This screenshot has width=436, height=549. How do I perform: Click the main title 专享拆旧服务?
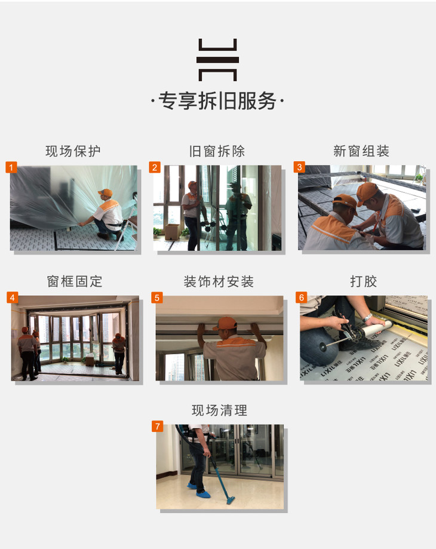click(217, 101)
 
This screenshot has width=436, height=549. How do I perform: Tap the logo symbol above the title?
click(217, 60)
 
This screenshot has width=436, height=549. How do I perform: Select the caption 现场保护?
click(73, 151)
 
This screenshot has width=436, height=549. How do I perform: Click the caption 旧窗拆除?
click(217, 151)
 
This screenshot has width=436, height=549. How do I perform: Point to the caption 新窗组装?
click(361, 151)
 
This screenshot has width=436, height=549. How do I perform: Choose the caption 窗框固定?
click(75, 281)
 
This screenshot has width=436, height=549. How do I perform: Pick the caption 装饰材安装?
click(219, 281)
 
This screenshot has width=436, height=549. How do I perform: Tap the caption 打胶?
click(364, 281)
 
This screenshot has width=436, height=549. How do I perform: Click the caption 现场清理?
click(219, 410)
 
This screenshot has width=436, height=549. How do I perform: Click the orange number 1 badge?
click(11, 167)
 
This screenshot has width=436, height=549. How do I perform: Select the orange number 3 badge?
click(299, 167)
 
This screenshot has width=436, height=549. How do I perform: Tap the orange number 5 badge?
click(156, 297)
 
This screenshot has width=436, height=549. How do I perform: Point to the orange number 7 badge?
click(158, 426)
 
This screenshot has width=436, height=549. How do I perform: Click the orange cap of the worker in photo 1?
click(105, 192)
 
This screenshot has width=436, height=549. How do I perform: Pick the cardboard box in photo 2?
click(172, 231)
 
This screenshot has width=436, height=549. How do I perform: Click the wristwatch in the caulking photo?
click(367, 318)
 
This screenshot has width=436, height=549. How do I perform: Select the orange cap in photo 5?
click(225, 323)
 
